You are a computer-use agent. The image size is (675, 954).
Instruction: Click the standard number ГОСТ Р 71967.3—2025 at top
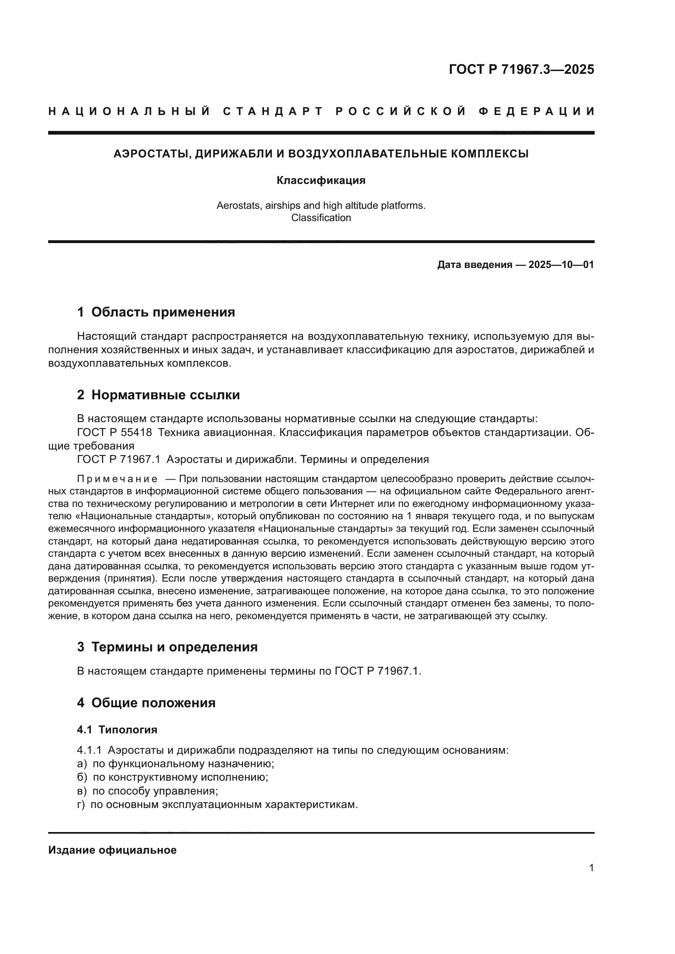[521, 69]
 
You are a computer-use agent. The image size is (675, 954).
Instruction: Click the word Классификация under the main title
[321, 181]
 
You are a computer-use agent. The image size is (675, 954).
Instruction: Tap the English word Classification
[321, 218]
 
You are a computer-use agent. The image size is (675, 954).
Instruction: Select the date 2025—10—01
[561, 265]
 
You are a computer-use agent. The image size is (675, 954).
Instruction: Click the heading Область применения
[163, 312]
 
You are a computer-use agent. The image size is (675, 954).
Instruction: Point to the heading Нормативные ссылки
[165, 395]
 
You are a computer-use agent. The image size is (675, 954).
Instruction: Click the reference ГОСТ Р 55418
[114, 432]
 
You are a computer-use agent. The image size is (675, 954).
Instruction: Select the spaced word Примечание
[117, 479]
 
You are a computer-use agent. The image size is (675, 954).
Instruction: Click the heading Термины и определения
[174, 647]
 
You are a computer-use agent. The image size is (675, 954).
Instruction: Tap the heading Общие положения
[153, 703]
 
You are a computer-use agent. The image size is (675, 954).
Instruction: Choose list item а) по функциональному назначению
[176, 764]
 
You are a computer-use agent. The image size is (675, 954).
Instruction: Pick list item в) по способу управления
[148, 791]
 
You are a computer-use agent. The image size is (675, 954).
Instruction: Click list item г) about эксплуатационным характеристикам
[218, 804]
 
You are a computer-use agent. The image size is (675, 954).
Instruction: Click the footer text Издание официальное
[112, 850]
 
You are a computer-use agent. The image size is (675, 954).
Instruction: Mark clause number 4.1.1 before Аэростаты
[89, 750]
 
